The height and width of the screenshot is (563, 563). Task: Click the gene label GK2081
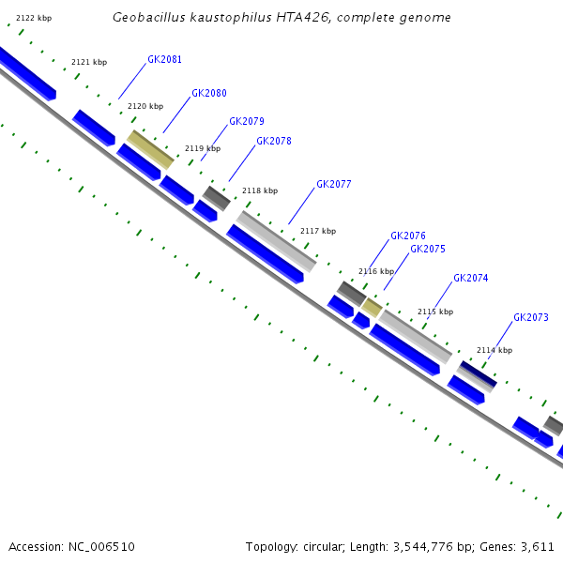(x=164, y=60)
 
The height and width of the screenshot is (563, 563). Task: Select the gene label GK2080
(x=208, y=94)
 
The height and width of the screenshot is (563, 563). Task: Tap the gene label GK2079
(x=246, y=122)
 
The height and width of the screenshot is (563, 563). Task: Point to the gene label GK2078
(x=273, y=142)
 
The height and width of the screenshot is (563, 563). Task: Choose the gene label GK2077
(x=333, y=185)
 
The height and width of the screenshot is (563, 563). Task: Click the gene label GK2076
(x=408, y=236)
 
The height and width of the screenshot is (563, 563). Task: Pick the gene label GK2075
(x=427, y=250)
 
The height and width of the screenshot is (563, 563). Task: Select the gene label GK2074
(x=470, y=279)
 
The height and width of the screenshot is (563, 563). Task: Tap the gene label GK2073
(x=530, y=318)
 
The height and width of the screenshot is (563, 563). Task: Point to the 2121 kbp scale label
(x=89, y=63)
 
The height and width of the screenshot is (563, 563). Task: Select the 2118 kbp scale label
(x=260, y=191)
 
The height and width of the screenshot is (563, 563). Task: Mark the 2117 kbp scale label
(x=317, y=231)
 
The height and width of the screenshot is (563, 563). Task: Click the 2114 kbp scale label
(x=495, y=351)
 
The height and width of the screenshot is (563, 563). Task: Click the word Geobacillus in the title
(x=145, y=18)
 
